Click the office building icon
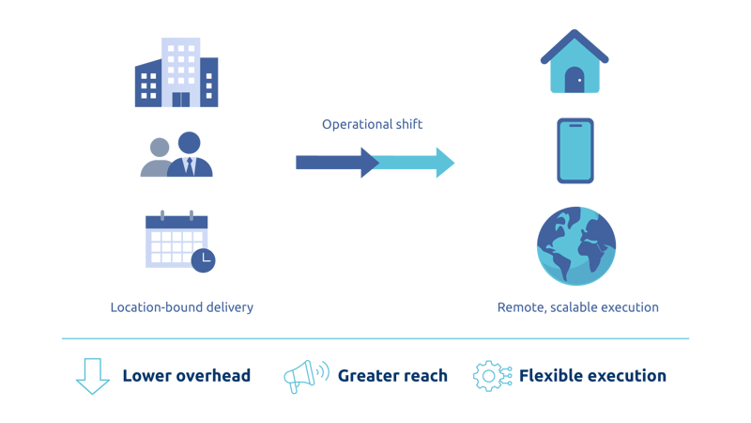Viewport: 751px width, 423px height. (178, 72)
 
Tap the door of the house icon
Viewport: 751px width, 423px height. (575, 82)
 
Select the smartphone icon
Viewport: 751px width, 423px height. (575, 150)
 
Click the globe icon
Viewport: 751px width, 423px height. (575, 246)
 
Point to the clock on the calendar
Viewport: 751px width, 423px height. (202, 260)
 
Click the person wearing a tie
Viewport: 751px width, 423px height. (191, 157)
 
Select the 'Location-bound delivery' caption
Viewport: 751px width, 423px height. (180, 307)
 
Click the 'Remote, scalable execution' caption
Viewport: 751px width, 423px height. (576, 307)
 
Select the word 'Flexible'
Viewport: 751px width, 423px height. (550, 376)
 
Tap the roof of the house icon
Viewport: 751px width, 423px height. (575, 47)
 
